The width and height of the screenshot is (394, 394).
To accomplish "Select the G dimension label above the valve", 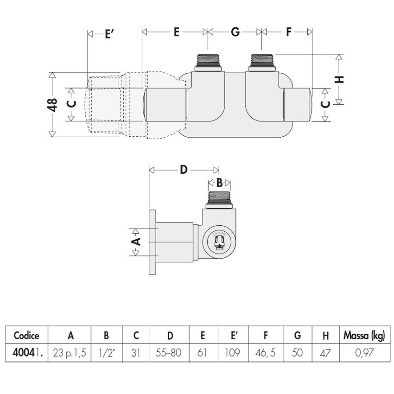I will pyautogui.click(x=235, y=32).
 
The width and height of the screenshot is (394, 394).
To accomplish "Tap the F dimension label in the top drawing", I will pyautogui.click(x=288, y=32).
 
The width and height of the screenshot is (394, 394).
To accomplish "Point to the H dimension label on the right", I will pyautogui.click(x=340, y=79).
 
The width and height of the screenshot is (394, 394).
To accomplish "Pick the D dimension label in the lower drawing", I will pyautogui.click(x=184, y=170).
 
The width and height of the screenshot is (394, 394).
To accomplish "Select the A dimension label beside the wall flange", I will pyautogui.click(x=136, y=241).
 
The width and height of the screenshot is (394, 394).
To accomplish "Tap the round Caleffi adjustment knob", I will pyautogui.click(x=220, y=241).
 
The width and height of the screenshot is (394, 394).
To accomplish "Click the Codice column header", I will pyautogui.click(x=26, y=336).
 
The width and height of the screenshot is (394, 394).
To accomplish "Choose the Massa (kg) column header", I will pyautogui.click(x=364, y=336).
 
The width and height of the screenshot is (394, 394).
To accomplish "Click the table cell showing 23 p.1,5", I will pyautogui.click(x=70, y=353).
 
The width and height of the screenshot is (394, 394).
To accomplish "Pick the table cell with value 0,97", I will pyautogui.click(x=364, y=353).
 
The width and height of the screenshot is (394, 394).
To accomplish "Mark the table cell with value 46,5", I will pyautogui.click(x=265, y=353).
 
